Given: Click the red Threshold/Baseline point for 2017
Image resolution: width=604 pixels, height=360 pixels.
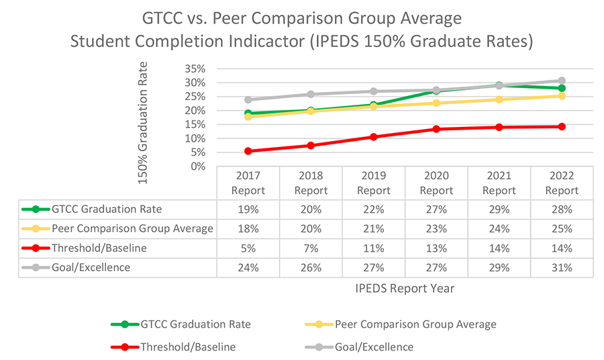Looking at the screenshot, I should click(x=248, y=151).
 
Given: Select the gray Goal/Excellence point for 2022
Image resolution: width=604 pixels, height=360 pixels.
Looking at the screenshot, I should click(x=562, y=81).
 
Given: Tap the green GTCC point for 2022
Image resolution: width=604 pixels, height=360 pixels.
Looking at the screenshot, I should click(x=562, y=88).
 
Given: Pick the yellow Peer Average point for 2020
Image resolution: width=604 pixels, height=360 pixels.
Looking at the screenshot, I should click(x=436, y=103).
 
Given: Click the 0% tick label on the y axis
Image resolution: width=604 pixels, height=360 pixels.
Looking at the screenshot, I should click(x=197, y=166).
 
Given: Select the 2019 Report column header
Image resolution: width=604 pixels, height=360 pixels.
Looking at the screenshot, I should click(x=374, y=183).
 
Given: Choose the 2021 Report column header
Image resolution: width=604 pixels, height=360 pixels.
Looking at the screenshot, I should click(x=499, y=183).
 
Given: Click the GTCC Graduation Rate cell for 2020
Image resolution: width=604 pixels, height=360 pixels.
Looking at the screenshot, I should click(x=436, y=210).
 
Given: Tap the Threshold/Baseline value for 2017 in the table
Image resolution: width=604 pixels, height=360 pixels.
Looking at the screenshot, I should click(x=248, y=248).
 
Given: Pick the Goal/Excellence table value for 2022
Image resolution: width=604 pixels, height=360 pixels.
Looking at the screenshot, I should click(x=562, y=267).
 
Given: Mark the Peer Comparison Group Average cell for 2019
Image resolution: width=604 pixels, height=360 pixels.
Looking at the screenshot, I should click(x=374, y=229).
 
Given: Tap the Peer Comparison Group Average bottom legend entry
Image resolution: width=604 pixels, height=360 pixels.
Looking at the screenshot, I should click(x=414, y=324).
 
